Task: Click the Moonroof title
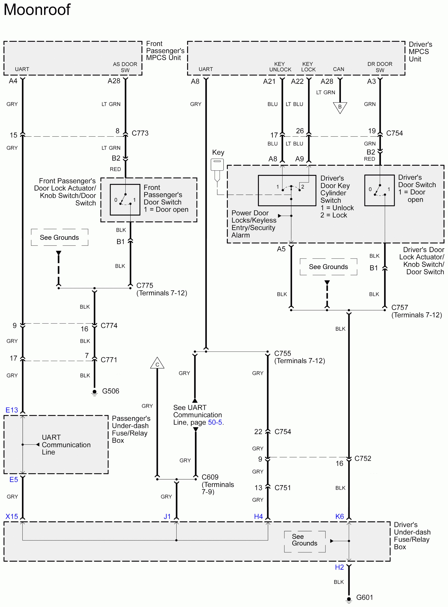[x=37, y=10]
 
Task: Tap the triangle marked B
[x=340, y=107]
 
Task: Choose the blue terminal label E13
[x=12, y=410]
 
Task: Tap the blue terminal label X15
[x=12, y=516]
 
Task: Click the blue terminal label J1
[x=167, y=516]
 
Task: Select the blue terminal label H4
[x=258, y=516]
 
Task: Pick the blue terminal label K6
[x=339, y=516]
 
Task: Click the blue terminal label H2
[x=339, y=567]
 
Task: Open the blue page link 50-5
[x=215, y=422]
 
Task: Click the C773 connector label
[x=140, y=133]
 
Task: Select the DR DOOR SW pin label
[x=380, y=67]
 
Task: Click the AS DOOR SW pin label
[x=125, y=67]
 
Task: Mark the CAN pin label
[x=338, y=69]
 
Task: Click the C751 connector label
[x=283, y=488]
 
